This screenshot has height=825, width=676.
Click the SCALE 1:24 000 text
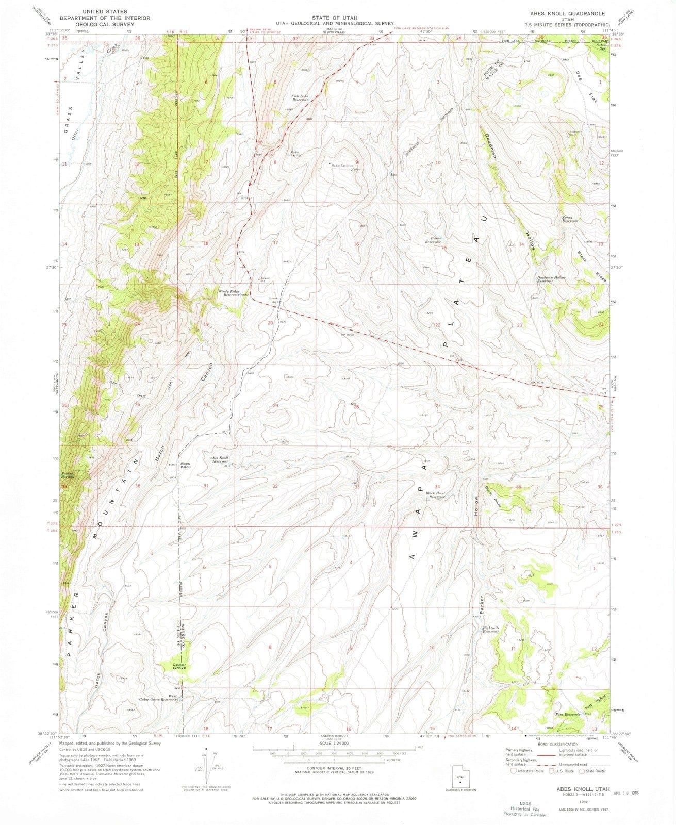tap(334, 743)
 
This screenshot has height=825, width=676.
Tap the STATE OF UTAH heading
tap(334, 18)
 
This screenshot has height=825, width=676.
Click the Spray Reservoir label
tap(570, 219)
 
